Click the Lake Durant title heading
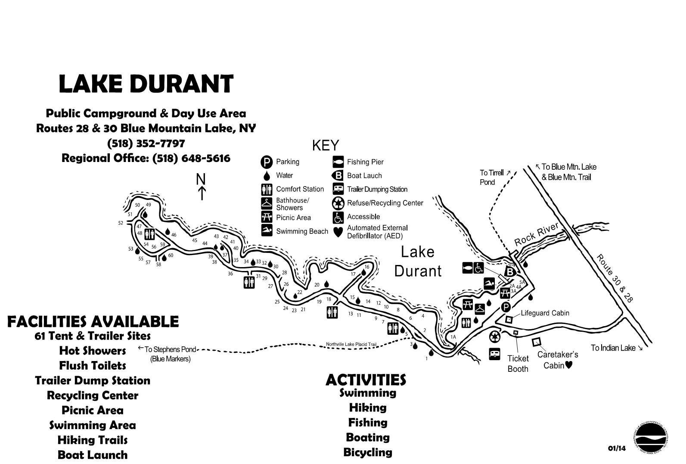click(146, 84)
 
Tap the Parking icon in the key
click(267, 162)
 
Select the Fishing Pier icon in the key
click(338, 162)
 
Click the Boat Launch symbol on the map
click(509, 272)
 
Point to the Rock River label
click(536, 234)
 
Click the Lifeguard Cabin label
click(545, 313)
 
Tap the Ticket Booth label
click(518, 364)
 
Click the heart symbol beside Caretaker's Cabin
click(568, 365)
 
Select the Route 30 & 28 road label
click(615, 279)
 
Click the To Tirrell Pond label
click(492, 178)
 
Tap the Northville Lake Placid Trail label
click(351, 344)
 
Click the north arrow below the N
click(201, 193)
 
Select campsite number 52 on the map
click(121, 223)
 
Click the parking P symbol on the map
click(506, 307)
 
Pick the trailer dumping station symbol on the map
click(494, 354)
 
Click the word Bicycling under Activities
click(368, 452)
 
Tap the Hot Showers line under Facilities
click(93, 351)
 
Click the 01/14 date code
click(617, 448)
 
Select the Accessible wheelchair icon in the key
click(338, 217)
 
